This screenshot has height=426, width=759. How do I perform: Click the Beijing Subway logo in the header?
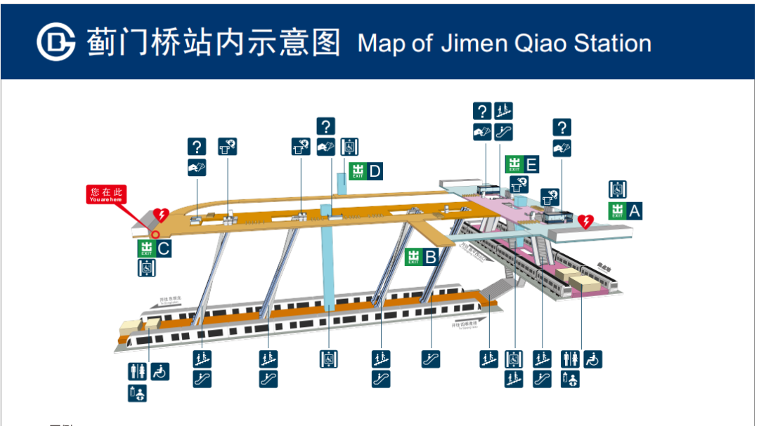[x=56, y=42]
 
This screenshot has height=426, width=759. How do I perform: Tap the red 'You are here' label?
[x=106, y=194]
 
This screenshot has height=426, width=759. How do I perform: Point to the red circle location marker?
[x=156, y=235]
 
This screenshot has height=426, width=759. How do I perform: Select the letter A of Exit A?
[x=635, y=211]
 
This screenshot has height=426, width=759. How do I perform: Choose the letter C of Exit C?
[x=164, y=248]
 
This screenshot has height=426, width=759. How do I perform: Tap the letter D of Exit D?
[x=375, y=171]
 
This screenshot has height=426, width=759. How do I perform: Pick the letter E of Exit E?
[x=531, y=165]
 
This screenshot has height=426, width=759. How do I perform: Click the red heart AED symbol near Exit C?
[x=161, y=215]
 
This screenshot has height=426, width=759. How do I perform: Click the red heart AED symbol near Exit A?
[x=585, y=222]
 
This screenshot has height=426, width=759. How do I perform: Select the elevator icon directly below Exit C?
[x=146, y=267]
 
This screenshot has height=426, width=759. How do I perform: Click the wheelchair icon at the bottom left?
[x=160, y=372]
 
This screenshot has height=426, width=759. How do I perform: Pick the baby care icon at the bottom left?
[x=137, y=394]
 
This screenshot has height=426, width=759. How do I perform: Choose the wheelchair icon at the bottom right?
[x=593, y=359]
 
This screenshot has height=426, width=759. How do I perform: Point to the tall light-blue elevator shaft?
[x=327, y=260]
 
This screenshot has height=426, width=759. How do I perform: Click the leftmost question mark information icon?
[x=197, y=147]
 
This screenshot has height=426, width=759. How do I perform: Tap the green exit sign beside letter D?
[x=358, y=171]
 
